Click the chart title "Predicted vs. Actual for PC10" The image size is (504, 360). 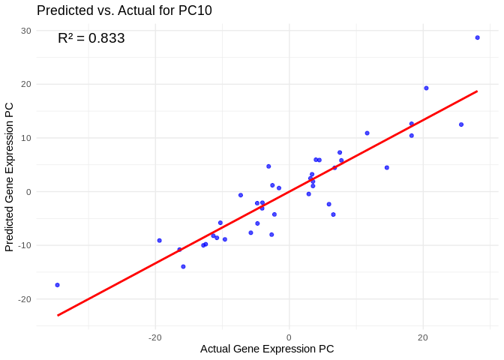(x=124, y=10)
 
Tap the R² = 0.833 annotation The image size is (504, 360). (x=91, y=38)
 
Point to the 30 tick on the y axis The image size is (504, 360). (x=25, y=31)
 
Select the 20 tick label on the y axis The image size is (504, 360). (x=25, y=84)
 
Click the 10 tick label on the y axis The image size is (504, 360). (x=25, y=138)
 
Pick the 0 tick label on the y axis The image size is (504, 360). (x=28, y=192)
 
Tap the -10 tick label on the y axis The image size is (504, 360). (x=24, y=245)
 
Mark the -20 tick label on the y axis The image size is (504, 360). (x=24, y=299)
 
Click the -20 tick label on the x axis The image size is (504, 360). (x=155, y=337)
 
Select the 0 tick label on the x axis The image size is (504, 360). (x=289, y=337)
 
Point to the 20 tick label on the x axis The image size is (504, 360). (x=423, y=337)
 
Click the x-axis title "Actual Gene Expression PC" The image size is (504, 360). (x=267, y=349)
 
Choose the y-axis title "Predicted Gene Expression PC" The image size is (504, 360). (x=10, y=177)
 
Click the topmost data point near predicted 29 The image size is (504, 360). (x=477, y=37)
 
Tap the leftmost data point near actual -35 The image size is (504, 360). (x=57, y=285)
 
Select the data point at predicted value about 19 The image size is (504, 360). (x=426, y=88)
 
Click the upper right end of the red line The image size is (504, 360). (x=477, y=91)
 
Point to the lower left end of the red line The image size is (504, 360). (x=58, y=315)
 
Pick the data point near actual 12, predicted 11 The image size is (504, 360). (x=367, y=133)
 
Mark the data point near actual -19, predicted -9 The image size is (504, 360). (x=159, y=240)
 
